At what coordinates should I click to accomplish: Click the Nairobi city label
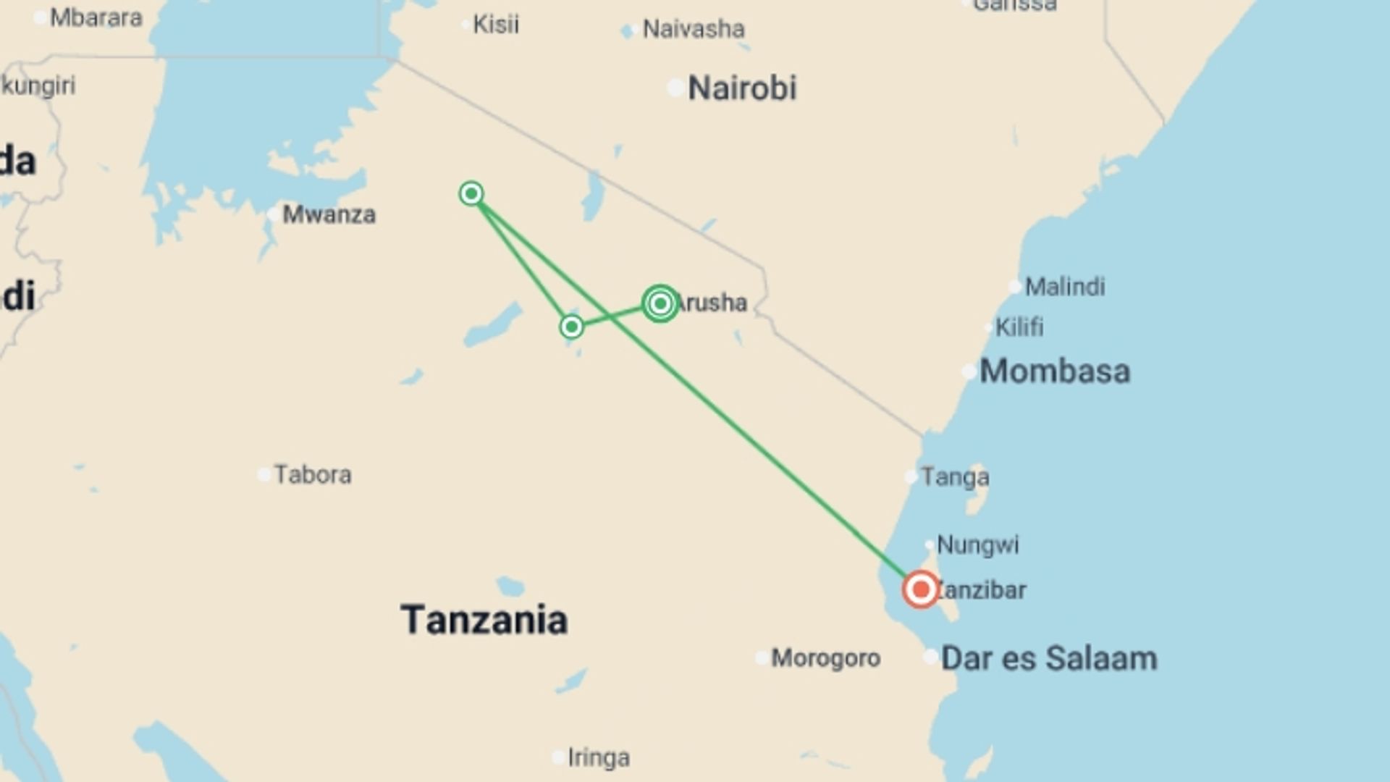click(x=741, y=88)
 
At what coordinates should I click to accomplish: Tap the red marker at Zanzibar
click(x=921, y=589)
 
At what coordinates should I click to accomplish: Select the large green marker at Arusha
click(x=660, y=303)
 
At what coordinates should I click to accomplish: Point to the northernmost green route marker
click(x=471, y=193)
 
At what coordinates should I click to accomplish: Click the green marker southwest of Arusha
click(x=572, y=327)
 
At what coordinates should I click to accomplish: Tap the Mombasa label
click(x=1054, y=371)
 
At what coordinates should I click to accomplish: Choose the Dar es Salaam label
click(x=1048, y=659)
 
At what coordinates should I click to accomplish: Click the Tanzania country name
click(x=484, y=620)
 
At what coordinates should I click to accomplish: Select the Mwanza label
click(x=329, y=214)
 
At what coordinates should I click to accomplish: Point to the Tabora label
click(x=313, y=475)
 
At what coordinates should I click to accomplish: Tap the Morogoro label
click(x=825, y=658)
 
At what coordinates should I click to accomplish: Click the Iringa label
click(x=599, y=757)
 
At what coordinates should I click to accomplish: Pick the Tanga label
click(x=955, y=477)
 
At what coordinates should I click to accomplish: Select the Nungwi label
click(x=977, y=545)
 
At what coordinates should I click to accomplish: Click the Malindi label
click(x=1065, y=287)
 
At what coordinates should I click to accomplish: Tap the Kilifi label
click(x=1019, y=327)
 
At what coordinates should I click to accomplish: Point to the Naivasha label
click(x=694, y=29)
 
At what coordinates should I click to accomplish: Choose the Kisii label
click(x=496, y=25)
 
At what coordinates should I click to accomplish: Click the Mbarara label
click(x=96, y=18)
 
